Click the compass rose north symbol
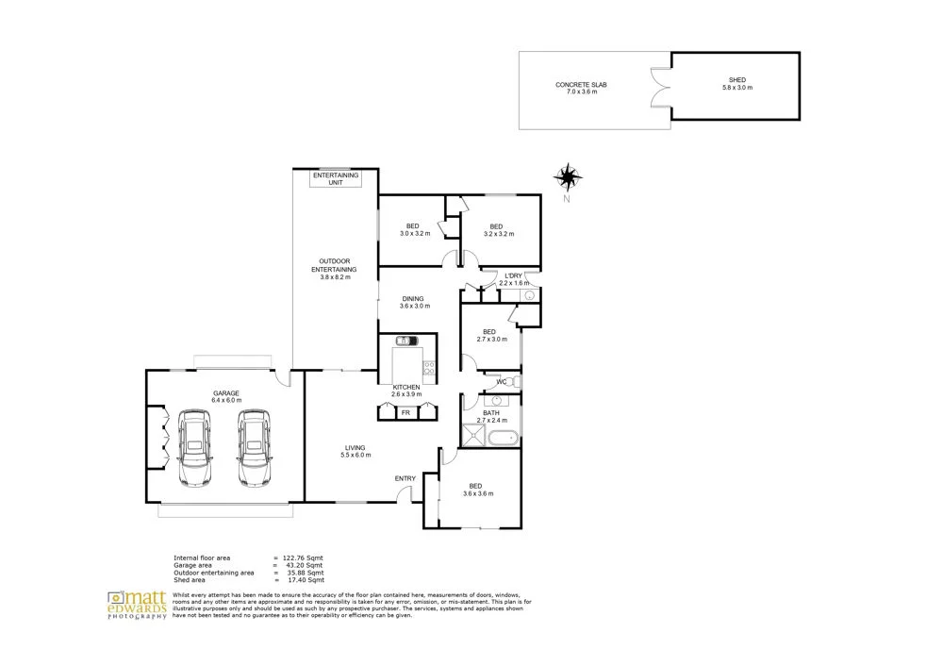pos(568,176)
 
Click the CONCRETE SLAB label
pos(580,85)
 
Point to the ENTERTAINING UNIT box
pos(335,179)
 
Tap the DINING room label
pos(413,299)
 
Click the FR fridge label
pos(405,412)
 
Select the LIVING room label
pos(355,448)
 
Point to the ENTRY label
pos(405,478)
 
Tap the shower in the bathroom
pos(470,435)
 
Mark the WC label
pos(502,382)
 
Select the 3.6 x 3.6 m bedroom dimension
pos(479,494)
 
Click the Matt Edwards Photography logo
pos(137,604)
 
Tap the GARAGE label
pos(225,392)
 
